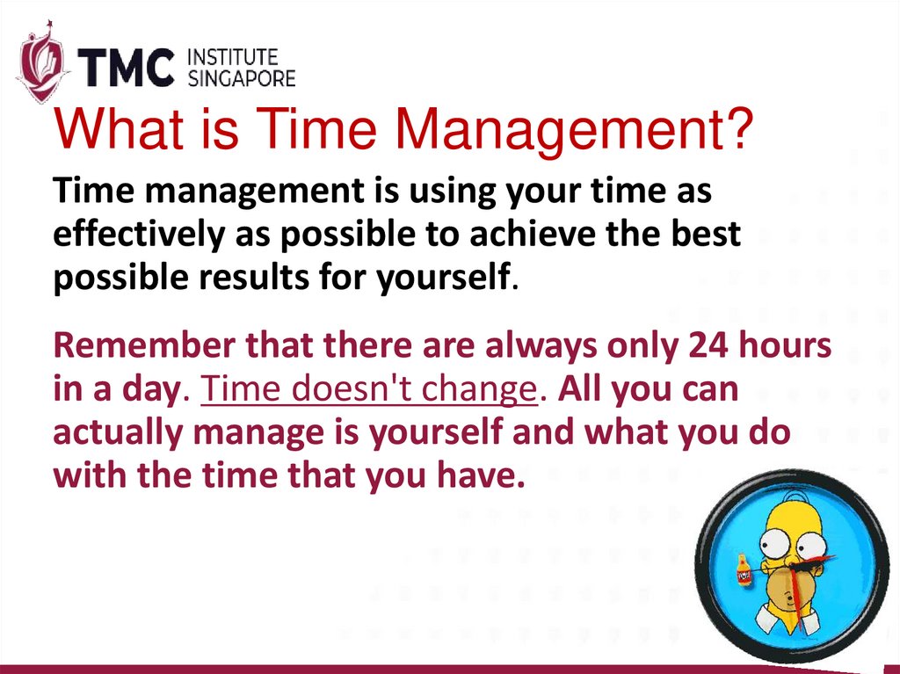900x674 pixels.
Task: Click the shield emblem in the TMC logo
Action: (x=40, y=67)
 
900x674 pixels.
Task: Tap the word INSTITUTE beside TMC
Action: (x=234, y=58)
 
